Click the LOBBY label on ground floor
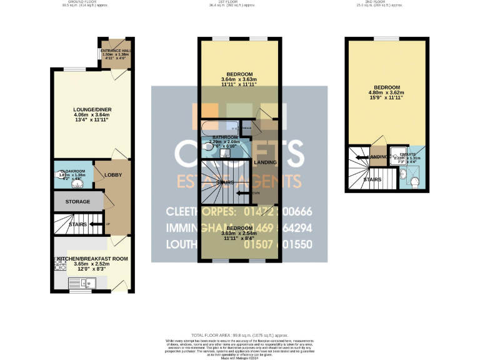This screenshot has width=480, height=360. click(x=113, y=175)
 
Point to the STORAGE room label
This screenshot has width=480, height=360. click(x=77, y=202)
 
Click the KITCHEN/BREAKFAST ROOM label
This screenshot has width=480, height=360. click(x=92, y=258)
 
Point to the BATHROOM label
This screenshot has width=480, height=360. click(x=225, y=137)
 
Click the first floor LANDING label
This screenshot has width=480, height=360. click(x=267, y=162)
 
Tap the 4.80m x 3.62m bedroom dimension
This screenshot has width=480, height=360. click(x=387, y=92)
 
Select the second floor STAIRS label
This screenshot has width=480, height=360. click(x=374, y=179)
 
